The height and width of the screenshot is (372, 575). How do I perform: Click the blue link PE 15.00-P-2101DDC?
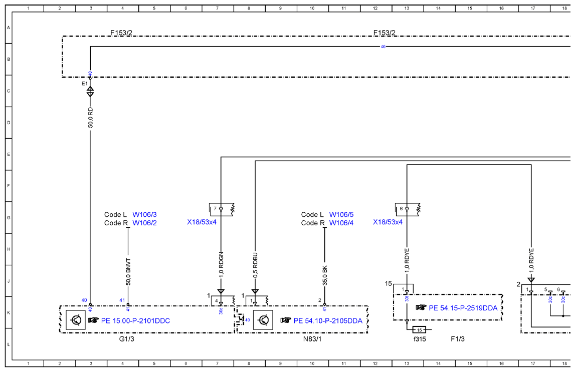(x=135, y=321)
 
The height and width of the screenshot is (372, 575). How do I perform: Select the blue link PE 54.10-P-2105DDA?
(x=328, y=321)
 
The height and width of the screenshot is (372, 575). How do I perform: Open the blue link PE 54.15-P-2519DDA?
(x=463, y=308)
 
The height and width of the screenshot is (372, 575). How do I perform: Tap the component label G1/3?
(x=126, y=339)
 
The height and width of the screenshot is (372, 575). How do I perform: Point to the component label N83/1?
(x=312, y=339)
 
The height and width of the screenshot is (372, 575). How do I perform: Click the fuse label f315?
(x=420, y=339)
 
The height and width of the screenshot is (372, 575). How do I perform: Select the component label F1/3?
(x=458, y=339)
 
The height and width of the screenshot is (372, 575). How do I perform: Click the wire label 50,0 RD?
(x=91, y=118)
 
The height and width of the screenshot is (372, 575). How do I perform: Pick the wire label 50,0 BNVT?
(x=128, y=272)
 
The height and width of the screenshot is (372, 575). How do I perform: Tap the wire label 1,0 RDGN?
(x=221, y=265)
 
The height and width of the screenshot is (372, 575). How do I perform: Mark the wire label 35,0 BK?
(x=325, y=276)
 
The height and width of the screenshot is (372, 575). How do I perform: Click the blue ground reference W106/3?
(x=144, y=215)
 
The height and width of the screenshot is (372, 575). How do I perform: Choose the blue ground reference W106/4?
(x=341, y=223)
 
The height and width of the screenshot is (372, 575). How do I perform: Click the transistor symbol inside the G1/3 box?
(x=76, y=320)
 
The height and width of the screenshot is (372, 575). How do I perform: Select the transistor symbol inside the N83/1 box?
(x=263, y=320)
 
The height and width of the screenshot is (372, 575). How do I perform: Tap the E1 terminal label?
(x=85, y=84)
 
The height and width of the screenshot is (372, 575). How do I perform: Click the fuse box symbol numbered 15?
(x=420, y=330)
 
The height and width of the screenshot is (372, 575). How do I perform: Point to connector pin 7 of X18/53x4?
(x=215, y=209)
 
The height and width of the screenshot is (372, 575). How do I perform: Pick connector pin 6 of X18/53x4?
(x=401, y=209)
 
